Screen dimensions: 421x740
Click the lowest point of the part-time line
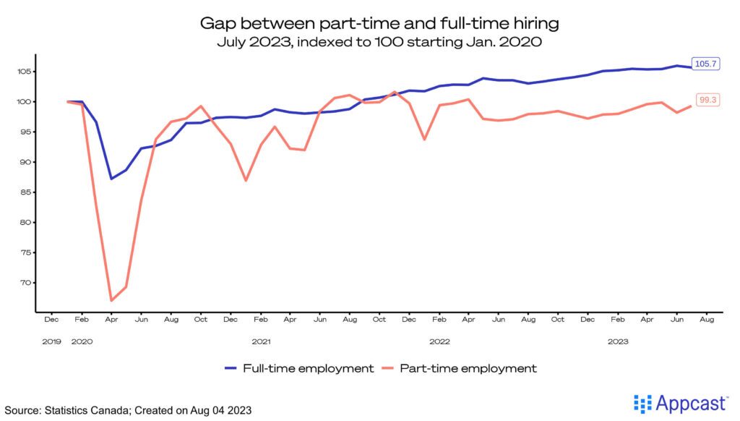[111, 300]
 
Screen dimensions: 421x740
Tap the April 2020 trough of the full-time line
[111, 179]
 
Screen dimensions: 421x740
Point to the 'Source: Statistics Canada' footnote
[128, 410]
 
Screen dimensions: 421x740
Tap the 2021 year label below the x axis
[261, 340]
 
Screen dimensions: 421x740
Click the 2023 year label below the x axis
[617, 340]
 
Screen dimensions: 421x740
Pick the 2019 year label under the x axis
[52, 340]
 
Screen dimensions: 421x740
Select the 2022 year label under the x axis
[439, 340]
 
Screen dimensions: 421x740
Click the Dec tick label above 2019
[52, 319]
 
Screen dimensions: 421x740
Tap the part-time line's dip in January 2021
[246, 180]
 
